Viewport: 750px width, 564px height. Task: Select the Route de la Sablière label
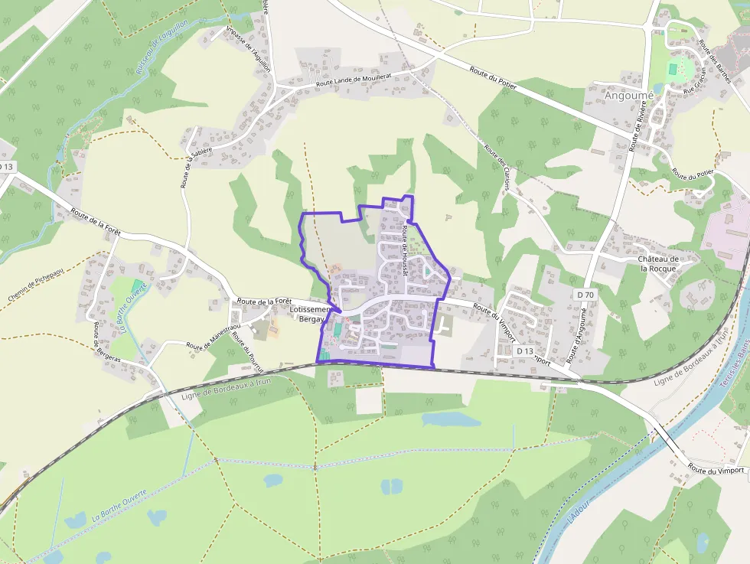pyautogui.click(x=186, y=168)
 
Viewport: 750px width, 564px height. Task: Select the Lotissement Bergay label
pyautogui.click(x=310, y=314)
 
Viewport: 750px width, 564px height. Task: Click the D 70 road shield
pyautogui.click(x=585, y=295)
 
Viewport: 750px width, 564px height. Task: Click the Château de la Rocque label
pyautogui.click(x=659, y=263)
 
